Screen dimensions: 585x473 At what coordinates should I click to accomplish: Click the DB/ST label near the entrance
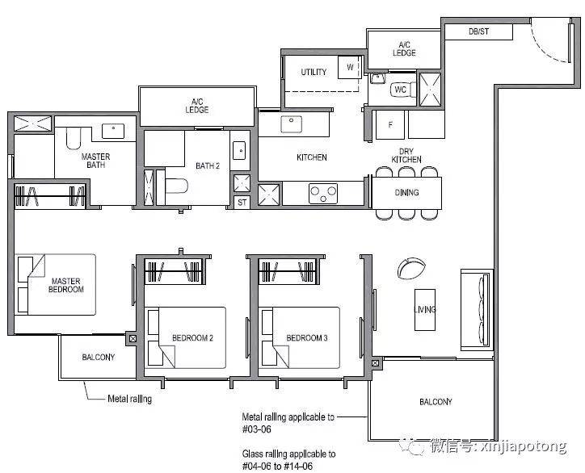(x=478, y=31)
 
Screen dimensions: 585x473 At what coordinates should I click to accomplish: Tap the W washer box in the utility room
(x=350, y=67)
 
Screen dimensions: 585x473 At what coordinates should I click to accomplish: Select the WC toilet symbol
(x=403, y=90)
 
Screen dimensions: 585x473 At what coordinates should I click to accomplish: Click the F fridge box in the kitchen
(x=390, y=124)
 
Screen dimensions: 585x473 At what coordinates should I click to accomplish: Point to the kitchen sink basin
(x=292, y=124)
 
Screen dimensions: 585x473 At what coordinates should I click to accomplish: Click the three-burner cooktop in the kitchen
(x=323, y=194)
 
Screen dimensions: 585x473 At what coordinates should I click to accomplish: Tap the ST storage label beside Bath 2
(x=242, y=203)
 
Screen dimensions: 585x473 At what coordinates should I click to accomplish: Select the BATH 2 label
(x=208, y=165)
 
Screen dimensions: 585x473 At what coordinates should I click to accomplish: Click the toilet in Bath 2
(x=176, y=186)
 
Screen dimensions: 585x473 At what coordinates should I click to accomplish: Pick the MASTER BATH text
(x=95, y=161)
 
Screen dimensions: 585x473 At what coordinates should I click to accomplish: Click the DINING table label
(x=406, y=193)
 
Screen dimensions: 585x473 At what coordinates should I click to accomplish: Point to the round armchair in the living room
(x=411, y=268)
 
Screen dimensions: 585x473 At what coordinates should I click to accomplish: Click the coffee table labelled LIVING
(x=425, y=310)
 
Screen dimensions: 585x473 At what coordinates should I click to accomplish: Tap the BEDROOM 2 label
(x=192, y=338)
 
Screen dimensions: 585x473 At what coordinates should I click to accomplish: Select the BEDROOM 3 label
(x=307, y=338)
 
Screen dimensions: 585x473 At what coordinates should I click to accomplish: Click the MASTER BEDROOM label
(x=66, y=285)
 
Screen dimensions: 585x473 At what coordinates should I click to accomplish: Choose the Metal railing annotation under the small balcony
(x=129, y=400)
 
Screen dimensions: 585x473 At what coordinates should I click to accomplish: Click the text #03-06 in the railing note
(x=257, y=429)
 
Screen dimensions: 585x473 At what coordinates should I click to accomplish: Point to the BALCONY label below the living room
(x=436, y=402)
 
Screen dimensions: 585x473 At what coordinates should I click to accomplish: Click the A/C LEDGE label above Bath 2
(x=197, y=106)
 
